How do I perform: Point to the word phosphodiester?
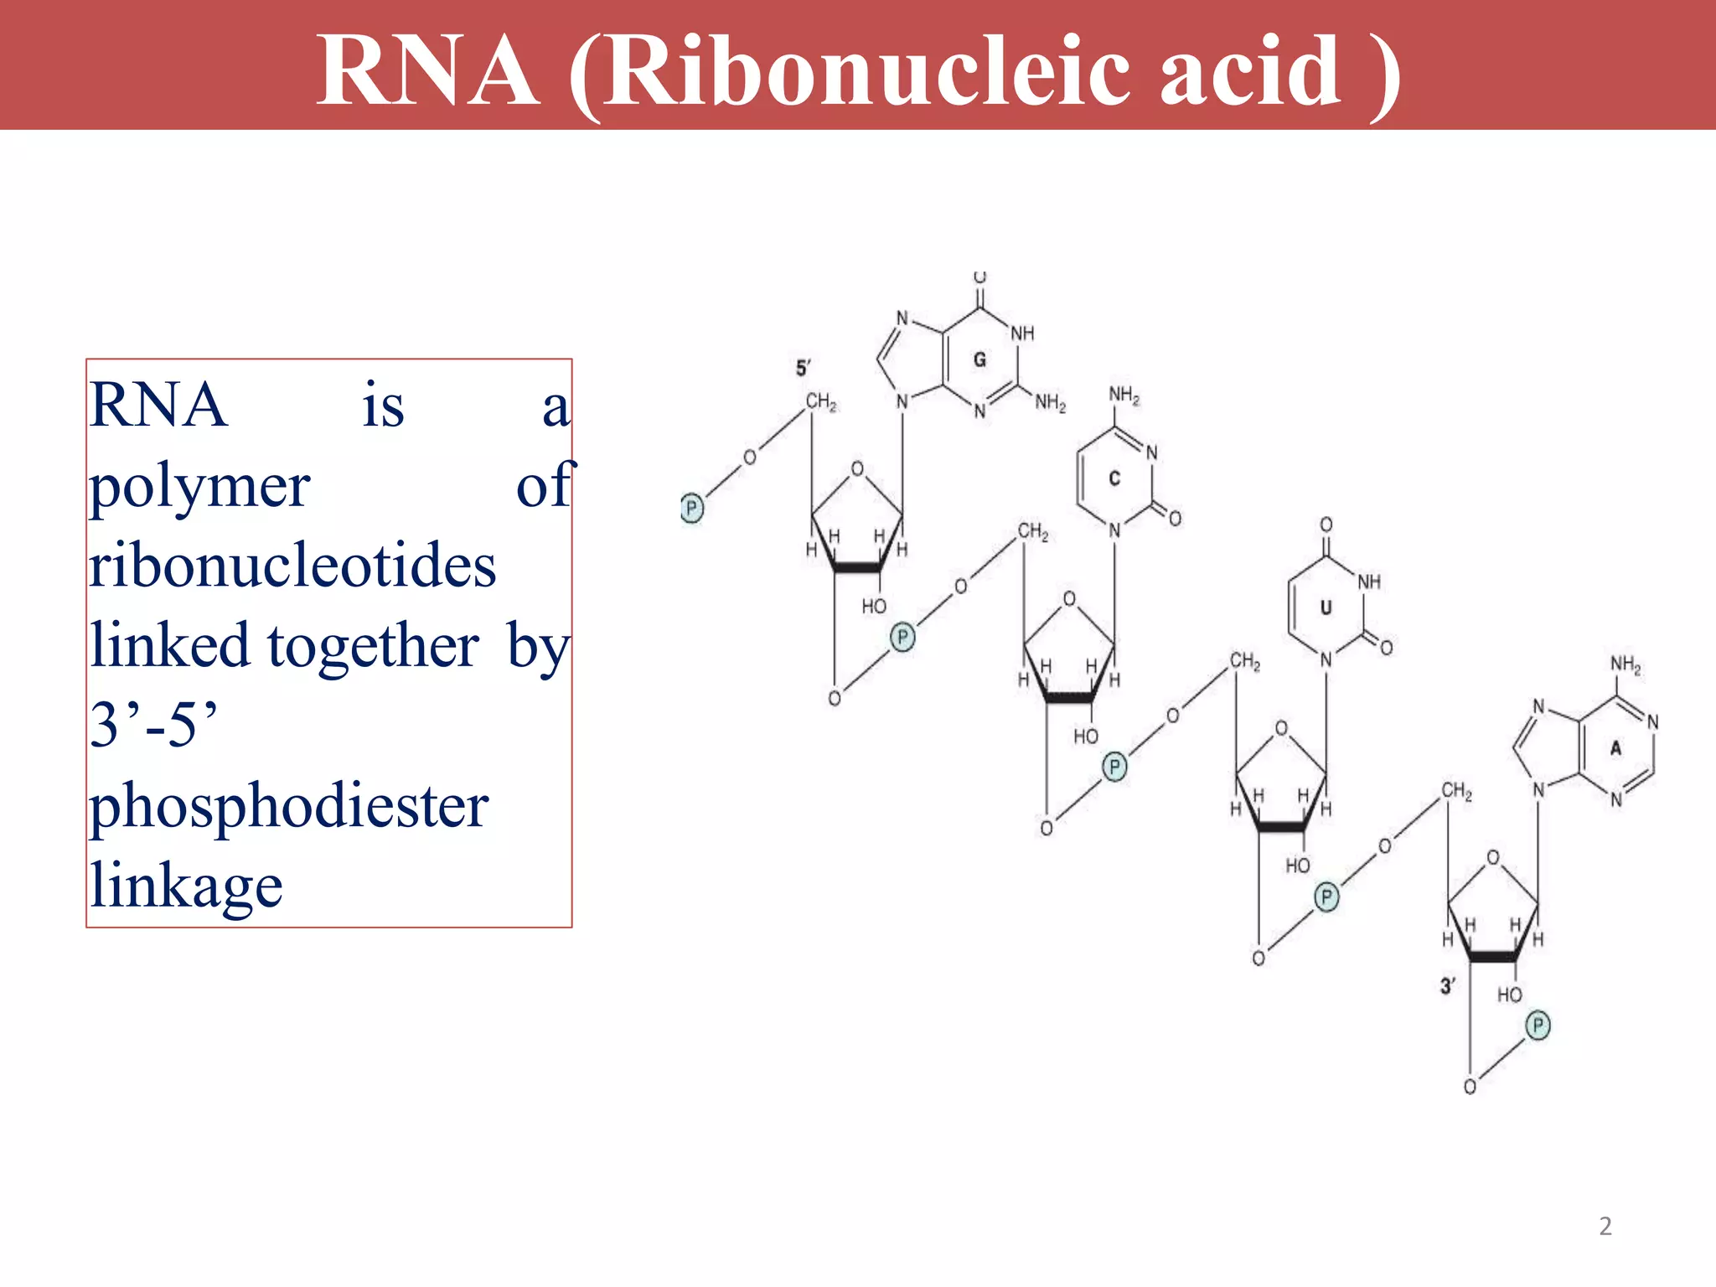coord(289,806)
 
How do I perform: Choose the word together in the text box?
coord(373,646)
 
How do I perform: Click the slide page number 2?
coord(1605,1227)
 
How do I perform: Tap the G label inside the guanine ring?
coord(979,360)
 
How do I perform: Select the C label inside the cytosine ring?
coord(1114,478)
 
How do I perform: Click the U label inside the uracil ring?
coord(1326,607)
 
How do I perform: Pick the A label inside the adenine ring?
coord(1616,748)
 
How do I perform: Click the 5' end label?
coord(803,368)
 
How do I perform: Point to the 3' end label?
coord(1447,986)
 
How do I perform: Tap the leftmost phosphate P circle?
coord(691,508)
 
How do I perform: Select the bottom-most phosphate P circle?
coord(1538,1026)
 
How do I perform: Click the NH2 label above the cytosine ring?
coord(1124,395)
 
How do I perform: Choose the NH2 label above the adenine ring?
coord(1626,665)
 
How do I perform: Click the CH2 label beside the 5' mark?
coord(821,403)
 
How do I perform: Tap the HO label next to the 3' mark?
coord(1509,995)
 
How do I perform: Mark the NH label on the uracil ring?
coord(1369,581)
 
